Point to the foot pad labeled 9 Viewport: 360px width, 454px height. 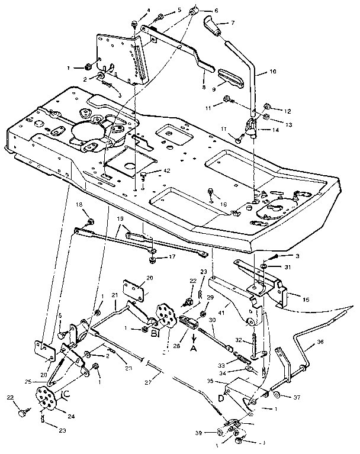230,78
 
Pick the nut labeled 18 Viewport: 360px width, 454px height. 91,223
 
